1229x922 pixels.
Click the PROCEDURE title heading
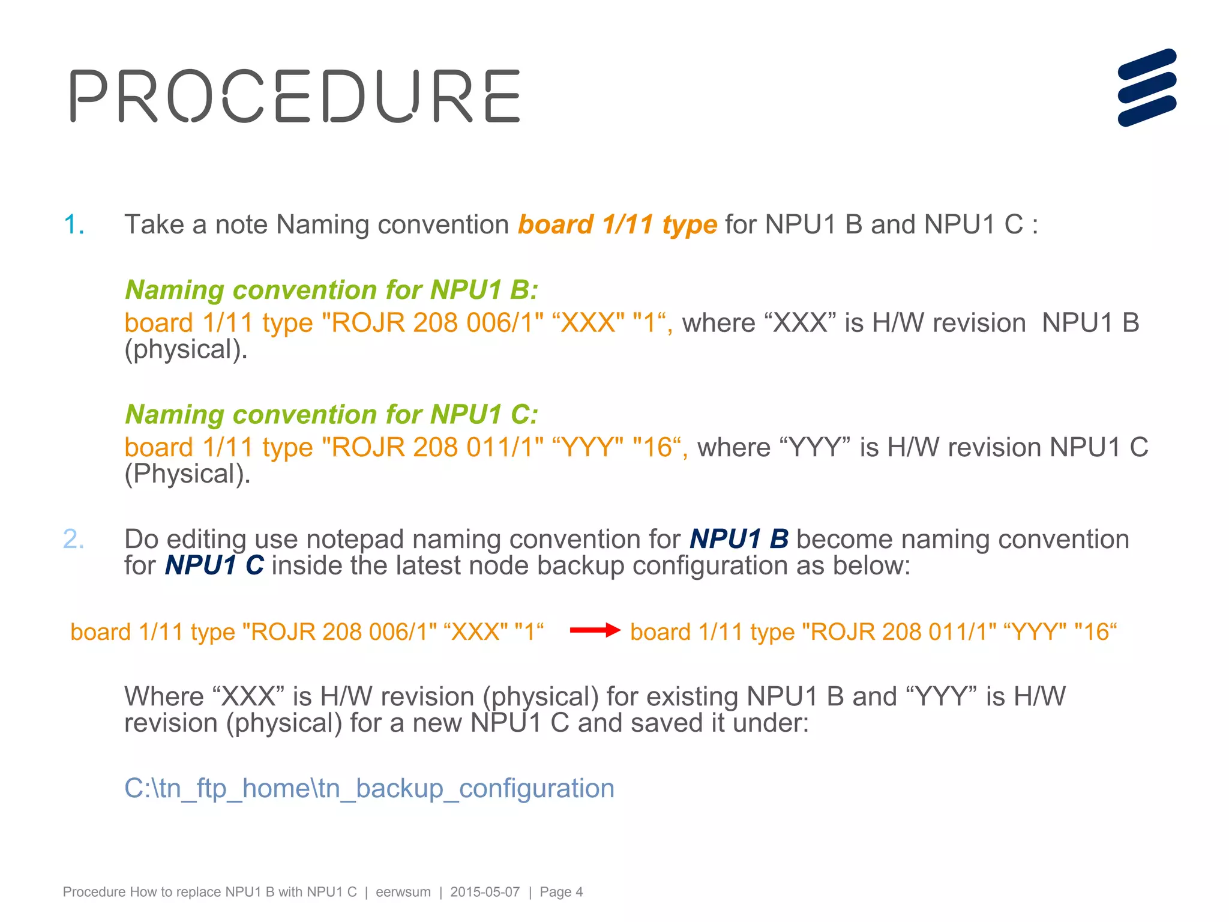point(295,96)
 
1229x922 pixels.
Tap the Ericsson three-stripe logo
point(1147,88)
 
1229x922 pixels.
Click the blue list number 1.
point(74,224)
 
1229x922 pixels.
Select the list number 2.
point(73,539)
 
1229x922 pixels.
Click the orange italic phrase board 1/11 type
point(618,224)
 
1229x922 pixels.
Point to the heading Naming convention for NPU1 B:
point(331,290)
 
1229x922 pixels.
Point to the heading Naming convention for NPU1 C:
point(331,415)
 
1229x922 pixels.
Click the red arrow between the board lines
point(594,630)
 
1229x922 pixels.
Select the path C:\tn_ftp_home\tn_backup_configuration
point(369,788)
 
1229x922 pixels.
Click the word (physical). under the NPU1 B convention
point(185,349)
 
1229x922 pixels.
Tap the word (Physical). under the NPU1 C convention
point(187,474)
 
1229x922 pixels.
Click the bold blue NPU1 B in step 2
point(739,539)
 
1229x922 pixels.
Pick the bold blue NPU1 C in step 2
point(214,565)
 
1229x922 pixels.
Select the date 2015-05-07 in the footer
point(485,892)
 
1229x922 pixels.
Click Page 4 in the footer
point(561,892)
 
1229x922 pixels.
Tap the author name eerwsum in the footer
point(403,892)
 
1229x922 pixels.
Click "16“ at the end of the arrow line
point(1095,632)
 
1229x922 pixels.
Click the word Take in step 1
point(154,224)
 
